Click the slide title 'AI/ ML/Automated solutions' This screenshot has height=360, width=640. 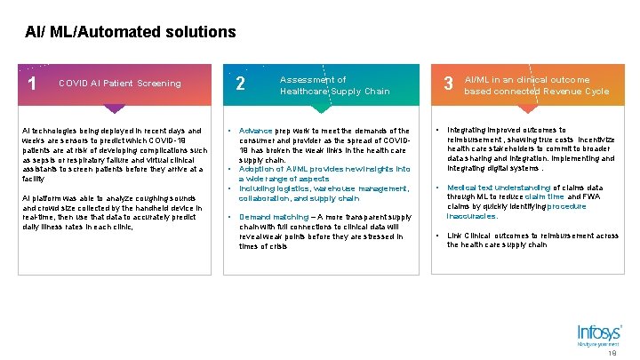[131, 32]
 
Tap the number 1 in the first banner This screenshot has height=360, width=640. [32, 84]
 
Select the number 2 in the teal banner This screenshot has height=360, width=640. [241, 84]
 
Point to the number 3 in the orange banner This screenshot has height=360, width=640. [449, 84]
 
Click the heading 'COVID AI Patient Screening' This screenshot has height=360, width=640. [119, 84]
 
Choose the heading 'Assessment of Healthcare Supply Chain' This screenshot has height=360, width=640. [334, 85]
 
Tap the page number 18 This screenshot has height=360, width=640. [612, 353]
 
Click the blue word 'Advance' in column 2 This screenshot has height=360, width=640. [256, 131]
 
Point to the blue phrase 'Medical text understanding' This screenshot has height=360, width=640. [498, 188]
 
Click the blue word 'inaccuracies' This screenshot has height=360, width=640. [472, 216]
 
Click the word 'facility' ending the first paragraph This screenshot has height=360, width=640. [33, 179]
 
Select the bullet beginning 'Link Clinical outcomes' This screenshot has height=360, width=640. [532, 240]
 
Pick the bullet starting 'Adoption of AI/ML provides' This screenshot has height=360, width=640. [324, 173]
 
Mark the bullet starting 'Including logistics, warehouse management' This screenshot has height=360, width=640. [324, 193]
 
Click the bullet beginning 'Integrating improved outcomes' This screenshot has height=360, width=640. [531, 149]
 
